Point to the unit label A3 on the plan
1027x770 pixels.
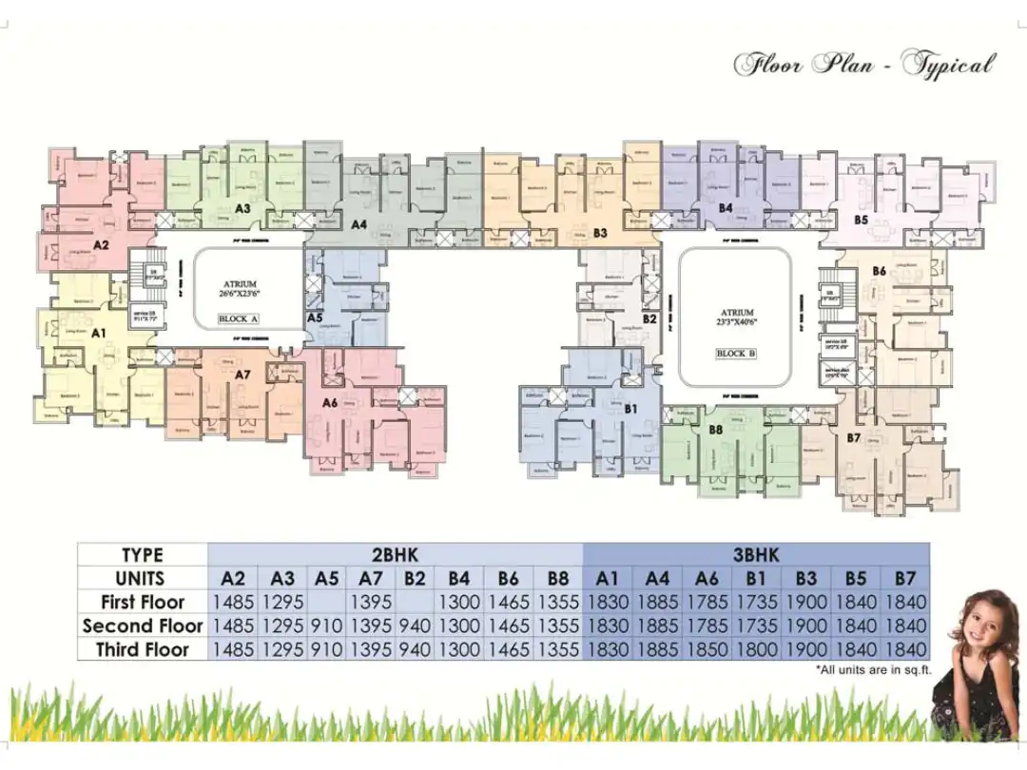coord(242,207)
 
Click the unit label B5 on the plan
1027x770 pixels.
coord(861,220)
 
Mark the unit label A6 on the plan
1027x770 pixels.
coord(330,403)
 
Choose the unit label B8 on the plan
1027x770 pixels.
coord(716,430)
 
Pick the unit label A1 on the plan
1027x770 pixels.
coord(98,334)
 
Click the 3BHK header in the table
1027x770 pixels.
coord(756,555)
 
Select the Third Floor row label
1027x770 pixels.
coord(143,650)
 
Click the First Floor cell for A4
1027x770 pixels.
coord(657,602)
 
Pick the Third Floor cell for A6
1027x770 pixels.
coord(707,650)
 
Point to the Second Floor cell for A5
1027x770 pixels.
coord(326,626)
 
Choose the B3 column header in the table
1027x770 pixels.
coord(806,578)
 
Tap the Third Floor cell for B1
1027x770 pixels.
coord(756,650)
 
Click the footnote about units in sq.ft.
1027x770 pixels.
coord(872,670)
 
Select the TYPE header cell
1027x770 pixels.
coord(143,555)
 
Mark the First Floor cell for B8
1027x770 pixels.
coord(557,602)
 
